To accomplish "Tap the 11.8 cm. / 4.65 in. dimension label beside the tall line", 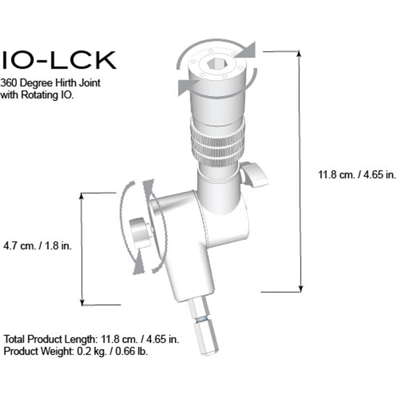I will pos(357,175).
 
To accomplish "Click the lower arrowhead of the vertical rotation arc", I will pos(137,265).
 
